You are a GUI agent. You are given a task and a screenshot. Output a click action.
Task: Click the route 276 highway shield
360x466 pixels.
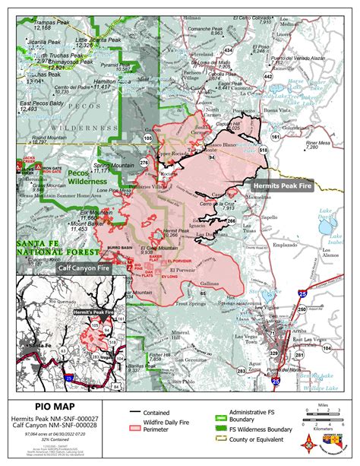(x=144, y=163)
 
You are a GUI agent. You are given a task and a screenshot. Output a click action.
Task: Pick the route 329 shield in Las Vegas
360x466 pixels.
(x=273, y=353)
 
